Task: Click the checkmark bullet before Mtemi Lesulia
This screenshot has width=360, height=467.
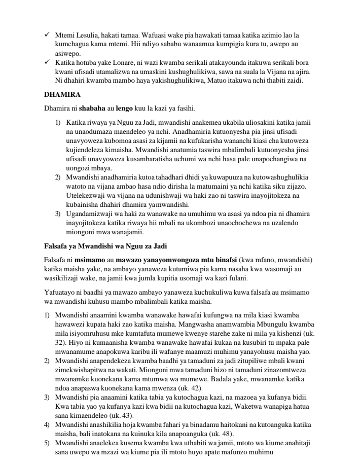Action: [x=47, y=35]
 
